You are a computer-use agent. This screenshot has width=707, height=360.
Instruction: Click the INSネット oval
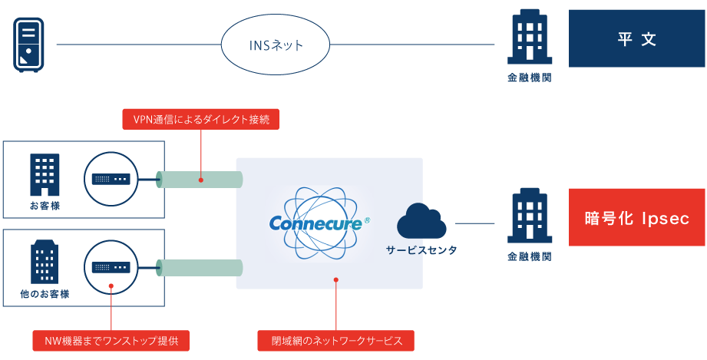coord(276,45)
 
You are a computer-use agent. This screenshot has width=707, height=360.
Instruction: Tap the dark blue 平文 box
coord(636,39)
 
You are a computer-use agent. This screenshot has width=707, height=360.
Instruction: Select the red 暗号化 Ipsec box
coord(636,218)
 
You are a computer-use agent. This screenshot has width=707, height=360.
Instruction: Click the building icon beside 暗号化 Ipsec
coord(529,216)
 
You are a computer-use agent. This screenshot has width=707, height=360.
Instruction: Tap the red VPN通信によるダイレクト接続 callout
coord(200,119)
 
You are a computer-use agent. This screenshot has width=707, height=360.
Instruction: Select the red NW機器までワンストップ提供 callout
coord(111,340)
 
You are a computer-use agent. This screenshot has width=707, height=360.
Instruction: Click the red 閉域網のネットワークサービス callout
coord(336,340)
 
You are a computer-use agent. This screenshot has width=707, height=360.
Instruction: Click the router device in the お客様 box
coord(111,179)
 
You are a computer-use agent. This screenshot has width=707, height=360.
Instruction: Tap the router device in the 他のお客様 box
coord(111,267)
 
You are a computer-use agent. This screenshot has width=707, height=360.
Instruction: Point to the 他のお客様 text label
coord(45,294)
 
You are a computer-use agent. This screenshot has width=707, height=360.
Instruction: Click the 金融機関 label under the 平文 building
coord(529,78)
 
